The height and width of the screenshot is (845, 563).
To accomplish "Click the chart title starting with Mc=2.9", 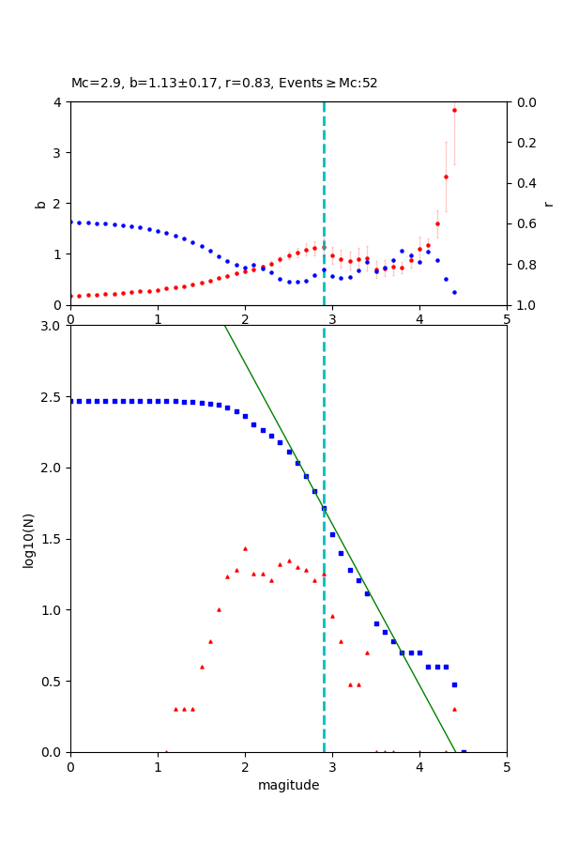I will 224,83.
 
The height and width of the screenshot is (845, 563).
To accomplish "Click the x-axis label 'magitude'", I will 288,785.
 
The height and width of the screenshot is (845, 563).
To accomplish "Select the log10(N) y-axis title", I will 28,539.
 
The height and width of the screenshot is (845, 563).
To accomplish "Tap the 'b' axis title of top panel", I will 40,203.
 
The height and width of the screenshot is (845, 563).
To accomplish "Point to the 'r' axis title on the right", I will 548,203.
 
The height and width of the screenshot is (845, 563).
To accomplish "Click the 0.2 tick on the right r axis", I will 526,143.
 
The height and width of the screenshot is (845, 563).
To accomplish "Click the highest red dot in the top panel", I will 454,110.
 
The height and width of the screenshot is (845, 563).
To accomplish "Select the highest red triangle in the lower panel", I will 245,548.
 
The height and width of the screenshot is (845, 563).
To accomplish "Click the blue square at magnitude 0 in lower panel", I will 70,401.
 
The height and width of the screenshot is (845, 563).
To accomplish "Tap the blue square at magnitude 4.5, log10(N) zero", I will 464,752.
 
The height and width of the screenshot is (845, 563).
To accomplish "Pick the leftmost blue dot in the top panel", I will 70,222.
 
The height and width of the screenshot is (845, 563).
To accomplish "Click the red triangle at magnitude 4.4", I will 454,709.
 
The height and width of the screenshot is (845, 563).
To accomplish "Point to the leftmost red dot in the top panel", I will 70,296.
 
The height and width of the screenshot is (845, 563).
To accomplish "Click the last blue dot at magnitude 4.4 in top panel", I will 454,292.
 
